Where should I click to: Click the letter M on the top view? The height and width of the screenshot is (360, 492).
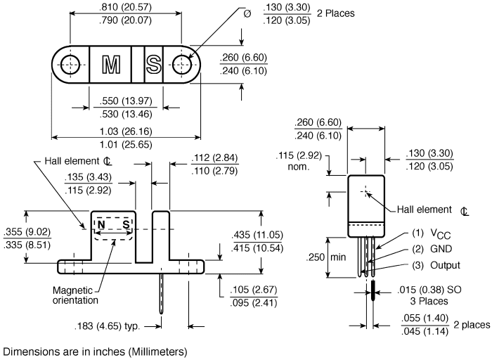(111, 65)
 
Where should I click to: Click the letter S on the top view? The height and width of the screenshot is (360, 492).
(154, 65)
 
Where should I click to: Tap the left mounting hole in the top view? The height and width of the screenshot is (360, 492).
(70, 65)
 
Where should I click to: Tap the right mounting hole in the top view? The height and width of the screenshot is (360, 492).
(182, 65)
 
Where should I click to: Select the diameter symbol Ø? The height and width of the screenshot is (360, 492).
(247, 14)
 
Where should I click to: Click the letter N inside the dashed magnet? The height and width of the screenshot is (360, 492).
(101, 225)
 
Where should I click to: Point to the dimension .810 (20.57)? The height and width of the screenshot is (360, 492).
(126, 7)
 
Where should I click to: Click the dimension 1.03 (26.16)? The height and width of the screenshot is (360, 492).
(126, 131)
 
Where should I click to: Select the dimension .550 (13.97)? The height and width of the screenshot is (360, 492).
(126, 101)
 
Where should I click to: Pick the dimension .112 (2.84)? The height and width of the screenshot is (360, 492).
(214, 157)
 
